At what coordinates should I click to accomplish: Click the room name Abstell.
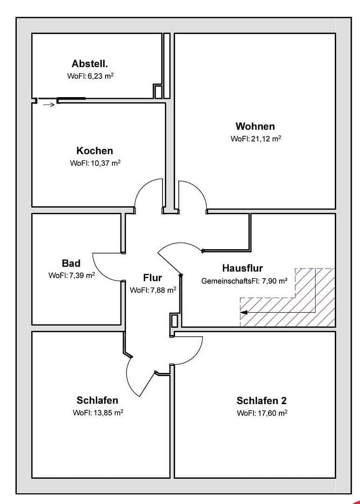pos(92,63)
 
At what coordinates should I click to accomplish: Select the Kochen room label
pos(95,151)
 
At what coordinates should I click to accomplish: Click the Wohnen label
pos(255,126)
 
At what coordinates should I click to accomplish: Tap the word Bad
pos(71,263)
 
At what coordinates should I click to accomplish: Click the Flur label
pos(152,278)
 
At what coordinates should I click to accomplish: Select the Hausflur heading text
pos(242,268)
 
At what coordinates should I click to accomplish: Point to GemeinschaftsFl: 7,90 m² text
pos(244,281)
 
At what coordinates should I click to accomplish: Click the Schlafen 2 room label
pos(261,400)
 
